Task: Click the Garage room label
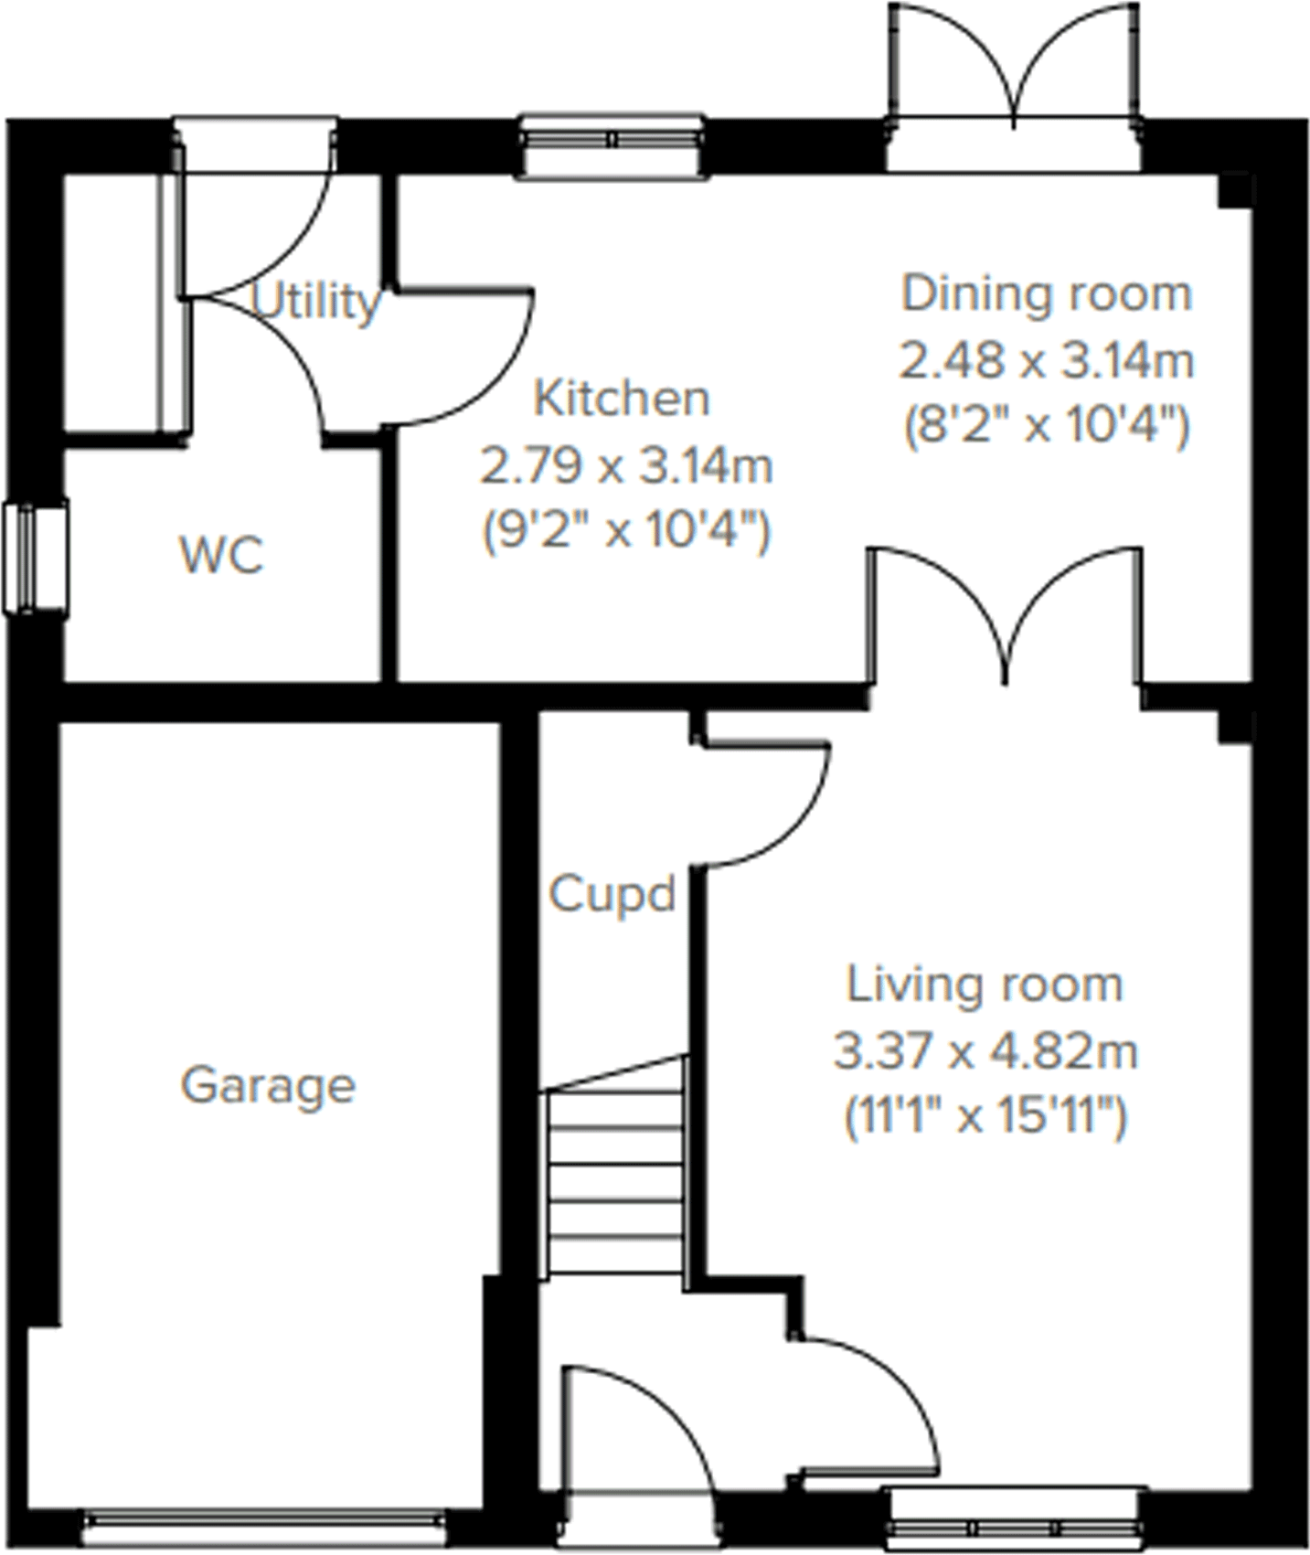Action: tap(268, 1086)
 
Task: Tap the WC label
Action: tap(222, 555)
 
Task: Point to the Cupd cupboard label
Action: tap(612, 894)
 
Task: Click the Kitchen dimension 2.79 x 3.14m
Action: tap(627, 467)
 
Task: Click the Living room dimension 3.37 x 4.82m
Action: tap(985, 1051)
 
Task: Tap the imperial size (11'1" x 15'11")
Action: tap(985, 1116)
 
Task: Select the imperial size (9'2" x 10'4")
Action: tap(627, 530)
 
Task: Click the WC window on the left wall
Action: tap(35, 557)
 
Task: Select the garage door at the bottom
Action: tap(265, 1519)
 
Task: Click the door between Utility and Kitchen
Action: tap(466, 357)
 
